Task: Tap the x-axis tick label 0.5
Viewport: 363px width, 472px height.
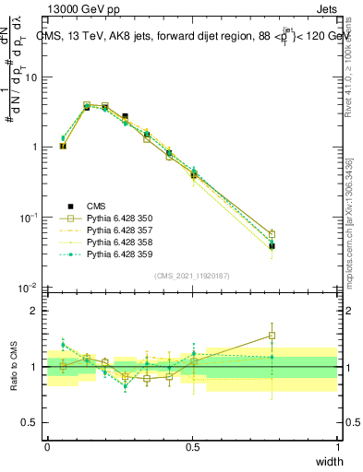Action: click(x=192, y=447)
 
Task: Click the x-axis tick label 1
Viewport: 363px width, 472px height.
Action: click(x=338, y=447)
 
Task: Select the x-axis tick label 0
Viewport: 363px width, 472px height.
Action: click(x=47, y=447)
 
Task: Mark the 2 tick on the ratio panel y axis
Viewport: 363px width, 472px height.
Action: click(x=37, y=311)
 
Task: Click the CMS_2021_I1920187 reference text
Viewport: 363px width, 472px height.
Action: click(x=192, y=276)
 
